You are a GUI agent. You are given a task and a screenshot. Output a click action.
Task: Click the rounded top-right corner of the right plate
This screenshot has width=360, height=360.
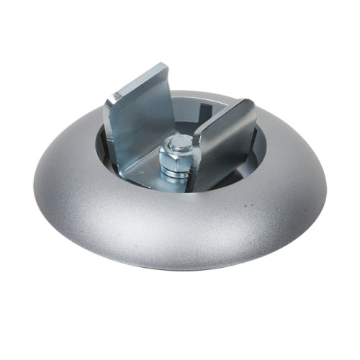click(249, 105)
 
